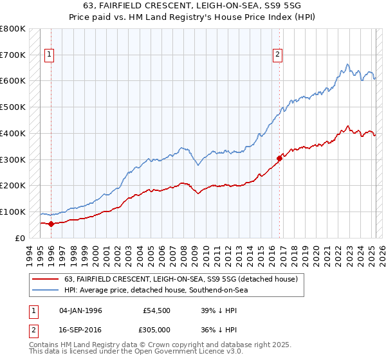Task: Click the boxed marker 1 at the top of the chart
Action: [x=50, y=55]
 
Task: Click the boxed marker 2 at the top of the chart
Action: [x=277, y=55]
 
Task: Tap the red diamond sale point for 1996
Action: [x=51, y=224]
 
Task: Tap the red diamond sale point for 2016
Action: [x=279, y=157]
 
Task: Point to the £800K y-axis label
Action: [x=12, y=29]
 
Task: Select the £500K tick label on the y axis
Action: [x=12, y=107]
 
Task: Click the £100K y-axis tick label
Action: [x=12, y=212]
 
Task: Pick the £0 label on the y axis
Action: [x=19, y=238]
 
